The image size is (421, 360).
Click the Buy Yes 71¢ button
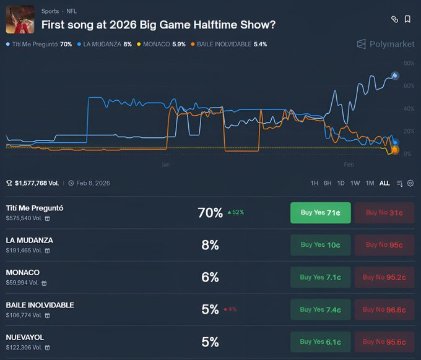point(320,213)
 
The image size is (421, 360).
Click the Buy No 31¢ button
point(384,213)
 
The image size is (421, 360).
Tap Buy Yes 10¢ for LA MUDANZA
point(320,245)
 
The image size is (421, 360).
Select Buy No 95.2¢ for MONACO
point(384,277)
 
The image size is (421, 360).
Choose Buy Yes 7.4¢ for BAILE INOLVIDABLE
point(320,309)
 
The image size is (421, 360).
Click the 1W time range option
point(355,183)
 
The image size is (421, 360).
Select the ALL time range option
point(384,183)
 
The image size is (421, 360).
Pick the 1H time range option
point(315,183)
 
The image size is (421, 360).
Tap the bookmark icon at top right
point(407,19)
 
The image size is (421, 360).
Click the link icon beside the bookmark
point(394,19)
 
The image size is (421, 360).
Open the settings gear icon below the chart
point(410,183)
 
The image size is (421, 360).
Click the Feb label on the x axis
point(349,165)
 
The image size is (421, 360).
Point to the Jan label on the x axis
point(165,165)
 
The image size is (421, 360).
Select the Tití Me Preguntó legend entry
point(38,45)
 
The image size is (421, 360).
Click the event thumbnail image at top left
point(20,19)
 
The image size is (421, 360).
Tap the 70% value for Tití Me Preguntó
point(210,213)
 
